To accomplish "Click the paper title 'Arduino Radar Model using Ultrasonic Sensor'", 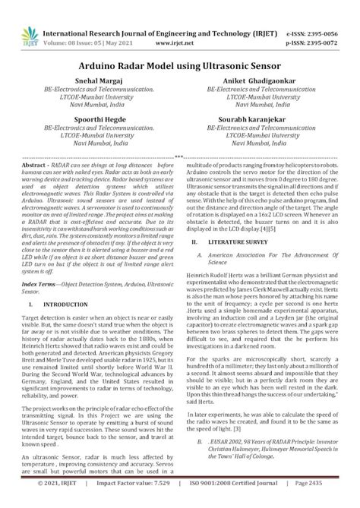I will pos(180,67).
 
